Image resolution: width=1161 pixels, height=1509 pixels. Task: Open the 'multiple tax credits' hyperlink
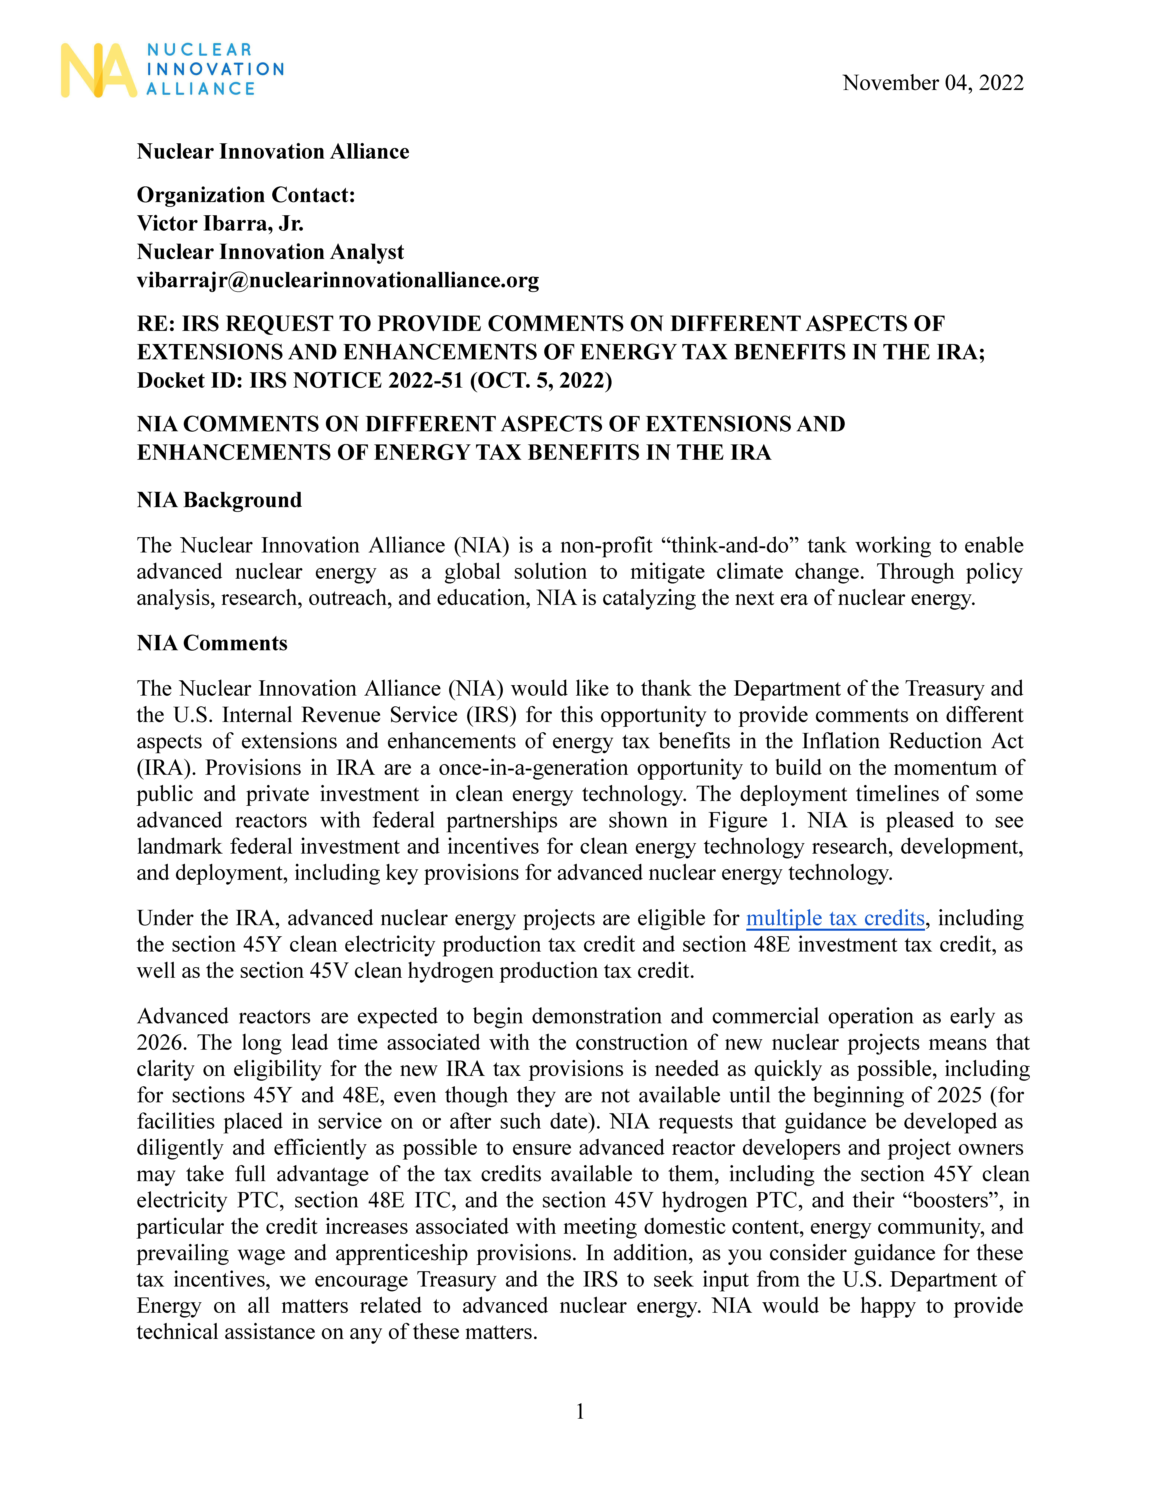point(835,918)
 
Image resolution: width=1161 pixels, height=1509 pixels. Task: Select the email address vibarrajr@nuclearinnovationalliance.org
point(338,280)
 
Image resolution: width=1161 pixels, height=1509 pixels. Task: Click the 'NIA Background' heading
point(219,500)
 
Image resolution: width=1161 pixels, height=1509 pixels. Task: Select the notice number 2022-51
point(426,381)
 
